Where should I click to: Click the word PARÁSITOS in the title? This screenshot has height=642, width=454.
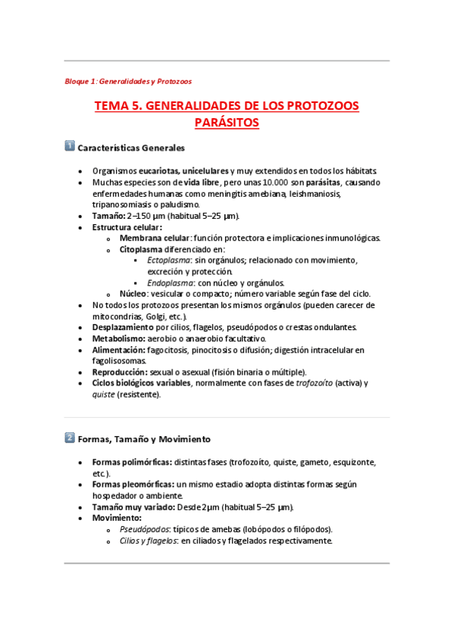tap(227, 123)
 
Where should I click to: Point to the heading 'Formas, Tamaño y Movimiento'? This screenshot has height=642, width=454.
tap(144, 439)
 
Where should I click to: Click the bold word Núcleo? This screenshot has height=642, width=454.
tap(132, 294)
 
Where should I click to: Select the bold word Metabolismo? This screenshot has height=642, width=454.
tap(118, 338)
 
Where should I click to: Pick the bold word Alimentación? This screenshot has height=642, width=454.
tap(118, 350)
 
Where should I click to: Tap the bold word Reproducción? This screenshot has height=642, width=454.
tap(121, 372)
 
